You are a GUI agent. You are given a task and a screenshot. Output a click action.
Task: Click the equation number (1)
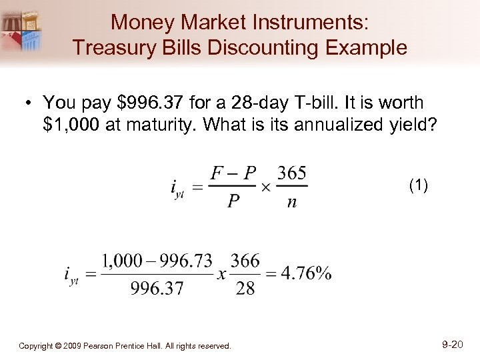point(418,187)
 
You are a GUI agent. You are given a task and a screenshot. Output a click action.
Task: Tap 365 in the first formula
point(292,174)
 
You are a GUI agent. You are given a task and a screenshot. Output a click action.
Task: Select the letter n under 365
point(292,203)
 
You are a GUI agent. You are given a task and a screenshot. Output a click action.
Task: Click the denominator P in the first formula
point(233,203)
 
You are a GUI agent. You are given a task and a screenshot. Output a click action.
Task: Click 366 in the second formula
point(245,261)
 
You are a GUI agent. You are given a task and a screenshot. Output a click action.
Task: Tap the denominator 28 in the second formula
point(245,289)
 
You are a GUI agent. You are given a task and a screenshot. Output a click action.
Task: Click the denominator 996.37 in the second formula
point(158,289)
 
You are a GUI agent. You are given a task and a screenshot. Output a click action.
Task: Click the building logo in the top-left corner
point(23,29)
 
